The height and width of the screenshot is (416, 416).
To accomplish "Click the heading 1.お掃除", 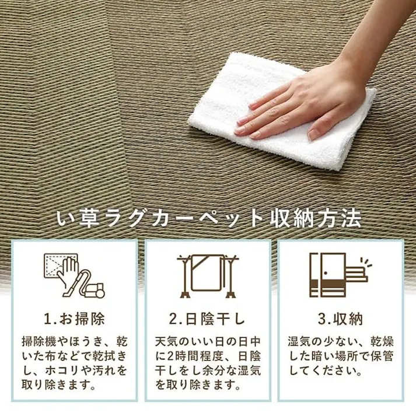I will coord(74,319).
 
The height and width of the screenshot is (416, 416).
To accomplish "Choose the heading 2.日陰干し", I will coord(208,319).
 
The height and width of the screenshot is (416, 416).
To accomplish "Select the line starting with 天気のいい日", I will coord(208,340).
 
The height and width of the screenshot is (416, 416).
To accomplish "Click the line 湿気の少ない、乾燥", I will coord(340,340).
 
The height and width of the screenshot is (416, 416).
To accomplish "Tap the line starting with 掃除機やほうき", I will coord(74,340).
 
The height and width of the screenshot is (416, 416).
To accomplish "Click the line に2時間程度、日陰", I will coord(208,355).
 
